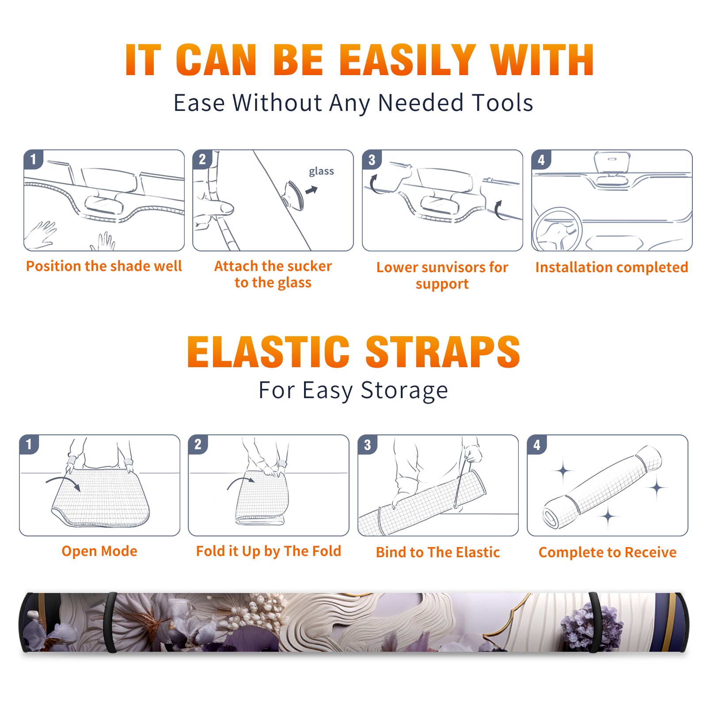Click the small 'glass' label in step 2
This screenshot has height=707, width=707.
click(x=321, y=171)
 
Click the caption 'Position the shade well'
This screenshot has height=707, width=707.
click(x=104, y=266)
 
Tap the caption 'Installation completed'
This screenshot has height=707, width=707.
click(x=612, y=267)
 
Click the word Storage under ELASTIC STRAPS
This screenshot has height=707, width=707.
click(x=404, y=391)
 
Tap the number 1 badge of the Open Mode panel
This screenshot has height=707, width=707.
click(x=29, y=444)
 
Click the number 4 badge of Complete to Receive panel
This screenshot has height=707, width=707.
click(x=537, y=444)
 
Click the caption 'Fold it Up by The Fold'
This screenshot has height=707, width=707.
click(x=269, y=551)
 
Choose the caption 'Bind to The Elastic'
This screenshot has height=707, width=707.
click(x=438, y=552)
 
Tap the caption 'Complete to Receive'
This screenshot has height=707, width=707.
click(x=608, y=552)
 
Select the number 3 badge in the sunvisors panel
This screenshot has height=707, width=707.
click(x=372, y=160)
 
